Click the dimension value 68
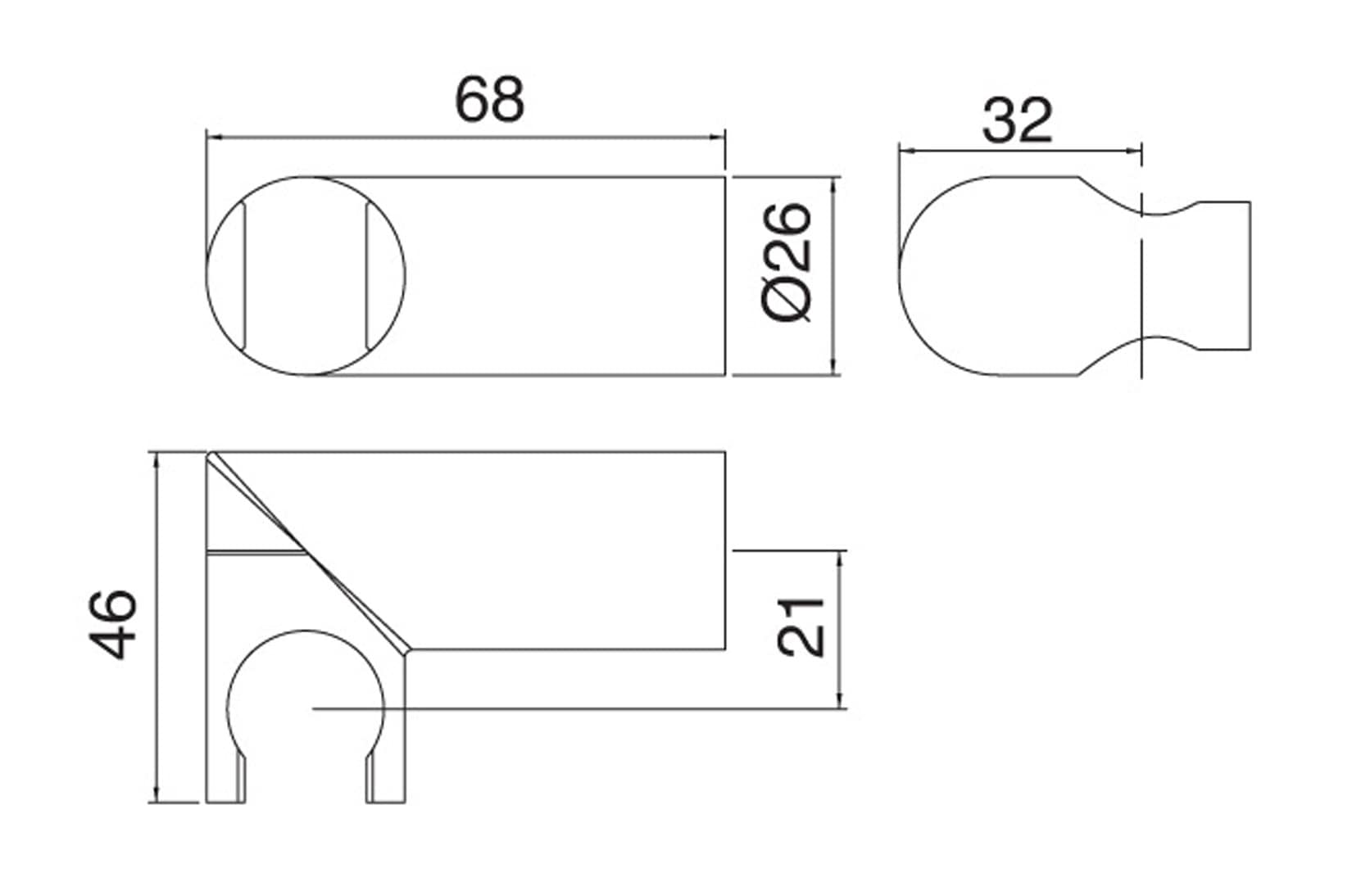pos(489,100)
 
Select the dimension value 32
pos(1018,120)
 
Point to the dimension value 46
pos(113,624)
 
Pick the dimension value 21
pos(801,627)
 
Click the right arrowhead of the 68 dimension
pos(716,138)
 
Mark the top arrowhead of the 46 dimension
pos(157,461)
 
